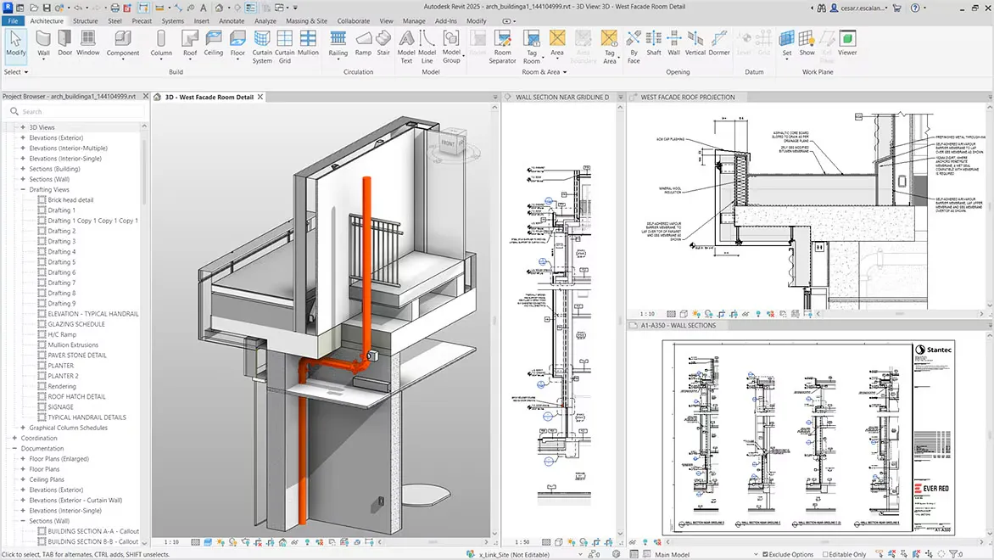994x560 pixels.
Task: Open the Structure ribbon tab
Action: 85,20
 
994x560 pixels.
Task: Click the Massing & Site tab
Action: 306,20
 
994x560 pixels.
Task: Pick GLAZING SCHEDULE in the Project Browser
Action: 76,324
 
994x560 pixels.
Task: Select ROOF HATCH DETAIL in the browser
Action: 76,396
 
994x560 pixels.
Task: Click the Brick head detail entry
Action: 70,199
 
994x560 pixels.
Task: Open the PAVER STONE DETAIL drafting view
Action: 77,356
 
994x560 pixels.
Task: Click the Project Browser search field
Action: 76,111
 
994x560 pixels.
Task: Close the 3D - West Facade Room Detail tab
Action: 260,97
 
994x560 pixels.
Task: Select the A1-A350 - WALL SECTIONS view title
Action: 678,325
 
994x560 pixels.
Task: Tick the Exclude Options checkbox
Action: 763,554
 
